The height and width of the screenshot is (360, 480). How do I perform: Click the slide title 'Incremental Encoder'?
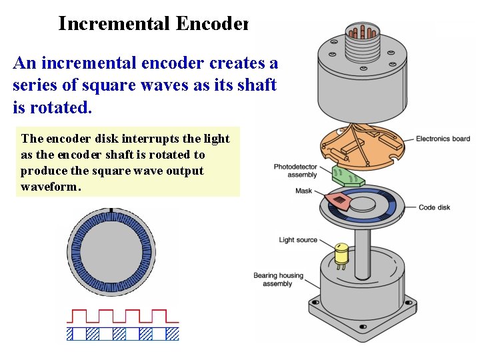point(153,24)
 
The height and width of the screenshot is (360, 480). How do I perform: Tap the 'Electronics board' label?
point(443,139)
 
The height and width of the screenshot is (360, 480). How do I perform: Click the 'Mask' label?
point(303,191)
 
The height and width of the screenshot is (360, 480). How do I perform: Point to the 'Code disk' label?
point(434,207)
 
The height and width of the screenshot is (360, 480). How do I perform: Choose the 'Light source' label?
point(298,240)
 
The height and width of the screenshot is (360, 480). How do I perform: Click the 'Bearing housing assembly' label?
point(278,279)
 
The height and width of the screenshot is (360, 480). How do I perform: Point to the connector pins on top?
point(363,33)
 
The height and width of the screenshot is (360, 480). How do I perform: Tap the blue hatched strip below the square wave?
point(123,333)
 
